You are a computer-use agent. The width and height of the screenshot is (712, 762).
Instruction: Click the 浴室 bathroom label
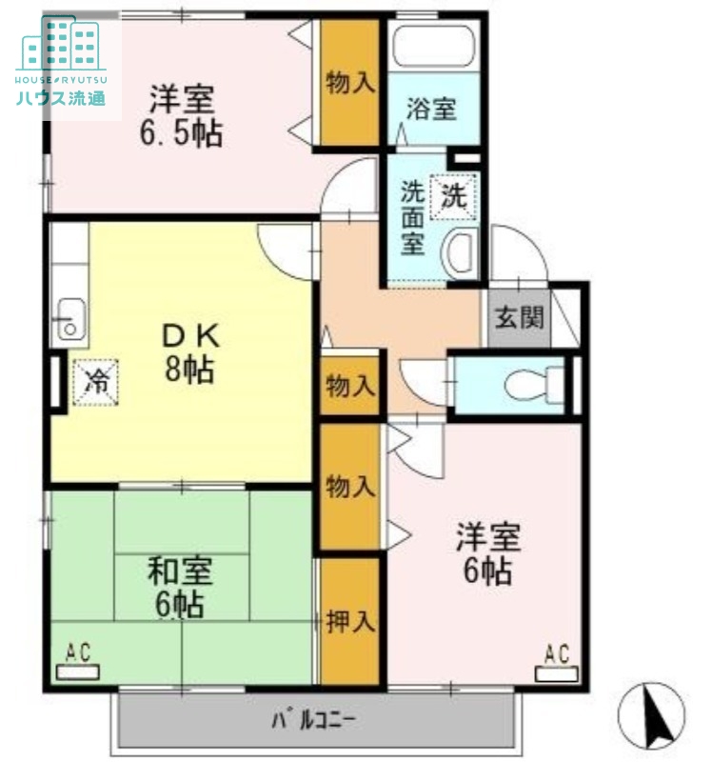[x=430, y=109]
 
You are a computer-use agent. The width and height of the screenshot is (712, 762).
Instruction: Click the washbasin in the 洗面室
[x=461, y=251]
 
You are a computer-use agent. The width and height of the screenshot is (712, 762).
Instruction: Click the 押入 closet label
[x=350, y=622]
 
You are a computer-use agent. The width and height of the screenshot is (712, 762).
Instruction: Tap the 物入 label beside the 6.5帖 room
[x=350, y=83]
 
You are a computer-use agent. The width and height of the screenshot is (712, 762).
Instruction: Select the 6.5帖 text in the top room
[x=181, y=133]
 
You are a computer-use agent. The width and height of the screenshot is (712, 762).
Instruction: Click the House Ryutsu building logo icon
[x=61, y=42]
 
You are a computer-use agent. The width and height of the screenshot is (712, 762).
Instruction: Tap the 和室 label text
[x=180, y=571]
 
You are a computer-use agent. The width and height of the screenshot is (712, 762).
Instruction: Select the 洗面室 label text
[x=411, y=216]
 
